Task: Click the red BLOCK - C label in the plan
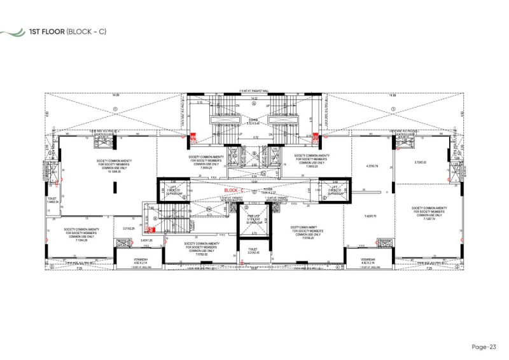[x=234, y=190]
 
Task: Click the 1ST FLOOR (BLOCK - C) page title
[x=71, y=32]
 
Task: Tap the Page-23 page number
[x=485, y=347]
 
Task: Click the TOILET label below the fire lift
[x=253, y=251]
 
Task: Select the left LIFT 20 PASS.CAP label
[x=174, y=190]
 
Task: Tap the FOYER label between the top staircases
[x=253, y=121]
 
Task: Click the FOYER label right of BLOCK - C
[x=267, y=190]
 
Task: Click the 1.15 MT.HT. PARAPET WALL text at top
[x=253, y=91]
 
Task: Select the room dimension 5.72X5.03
[x=420, y=162]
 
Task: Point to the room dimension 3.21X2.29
[x=129, y=228]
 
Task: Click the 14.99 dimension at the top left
[x=115, y=95]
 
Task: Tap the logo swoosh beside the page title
[x=12, y=32]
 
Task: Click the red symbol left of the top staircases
[x=196, y=135]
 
